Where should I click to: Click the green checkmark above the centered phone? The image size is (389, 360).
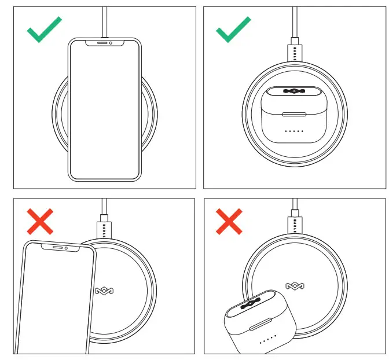pos(44,30)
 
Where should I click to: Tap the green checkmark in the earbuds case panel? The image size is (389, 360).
pos(233,30)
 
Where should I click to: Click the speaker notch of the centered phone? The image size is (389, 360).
pos(104,43)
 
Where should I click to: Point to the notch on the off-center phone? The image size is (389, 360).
pos(58,247)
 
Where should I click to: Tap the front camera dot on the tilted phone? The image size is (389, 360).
pos(68,248)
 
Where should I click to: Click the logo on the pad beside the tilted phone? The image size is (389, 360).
pos(102,291)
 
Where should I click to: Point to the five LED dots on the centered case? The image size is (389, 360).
pos(293,131)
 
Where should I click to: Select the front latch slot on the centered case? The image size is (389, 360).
pos(293,114)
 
